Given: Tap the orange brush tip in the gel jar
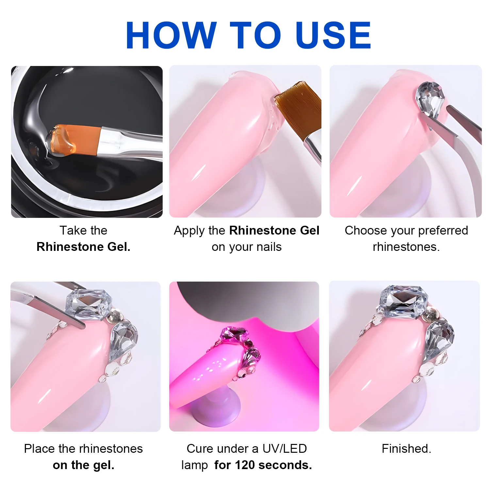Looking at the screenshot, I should [x=73, y=139].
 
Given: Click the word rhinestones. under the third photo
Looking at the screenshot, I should [x=406, y=247].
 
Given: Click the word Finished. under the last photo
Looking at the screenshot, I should [x=406, y=449].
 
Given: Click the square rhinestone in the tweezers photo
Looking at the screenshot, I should [x=88, y=304].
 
